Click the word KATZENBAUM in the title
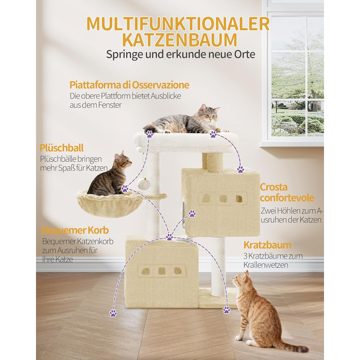pos(180,40)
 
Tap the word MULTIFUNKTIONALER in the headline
pos(178,24)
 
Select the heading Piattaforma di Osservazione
pos(129,85)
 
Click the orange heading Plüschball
pos(62,148)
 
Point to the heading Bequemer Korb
pos(75,230)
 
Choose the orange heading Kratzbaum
pos(267,245)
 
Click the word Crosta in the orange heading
pos(274,187)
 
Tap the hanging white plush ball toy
pos(143,184)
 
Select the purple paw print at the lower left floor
pos(113,313)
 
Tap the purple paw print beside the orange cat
pos(226,310)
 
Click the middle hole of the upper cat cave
pos(223,199)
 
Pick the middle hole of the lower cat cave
pos(161,271)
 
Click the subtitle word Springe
pos(122,55)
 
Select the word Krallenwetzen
pos(266,265)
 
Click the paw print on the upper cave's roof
pos(241,169)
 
